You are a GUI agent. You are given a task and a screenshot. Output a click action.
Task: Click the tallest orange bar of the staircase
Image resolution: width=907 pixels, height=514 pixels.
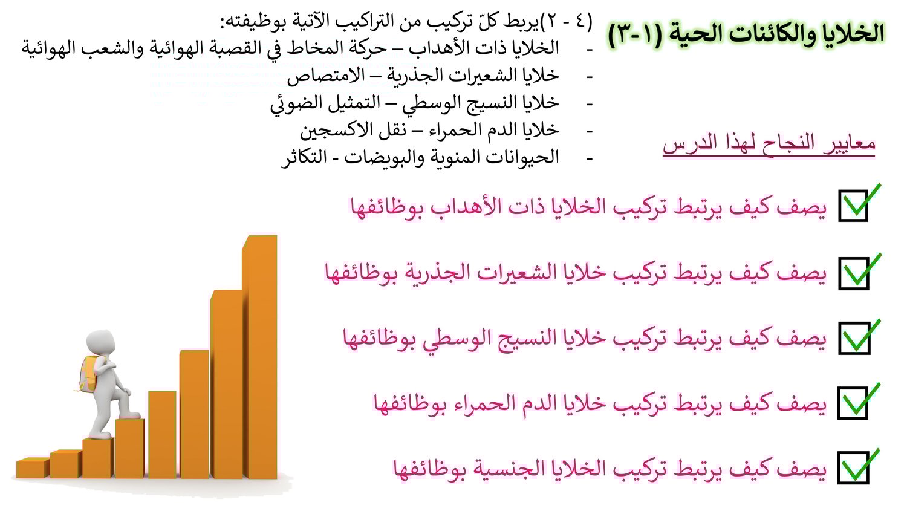(260, 356)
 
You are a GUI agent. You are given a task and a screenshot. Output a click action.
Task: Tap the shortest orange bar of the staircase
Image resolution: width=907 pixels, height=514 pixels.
(33, 468)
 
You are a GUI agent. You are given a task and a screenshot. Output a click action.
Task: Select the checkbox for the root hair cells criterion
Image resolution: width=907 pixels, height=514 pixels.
(854, 273)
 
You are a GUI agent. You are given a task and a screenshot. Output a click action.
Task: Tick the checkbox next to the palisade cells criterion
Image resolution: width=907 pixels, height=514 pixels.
(854, 338)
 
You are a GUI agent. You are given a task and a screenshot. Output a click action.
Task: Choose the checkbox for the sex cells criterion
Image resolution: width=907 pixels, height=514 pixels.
(853, 467)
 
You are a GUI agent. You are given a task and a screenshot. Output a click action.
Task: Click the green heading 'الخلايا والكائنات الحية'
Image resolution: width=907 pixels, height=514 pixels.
(773, 33)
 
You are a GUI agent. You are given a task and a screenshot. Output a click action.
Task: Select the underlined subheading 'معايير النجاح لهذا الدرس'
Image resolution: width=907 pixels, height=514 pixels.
(769, 143)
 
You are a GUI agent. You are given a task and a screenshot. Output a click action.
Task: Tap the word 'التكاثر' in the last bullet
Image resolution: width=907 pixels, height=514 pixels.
(304, 157)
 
